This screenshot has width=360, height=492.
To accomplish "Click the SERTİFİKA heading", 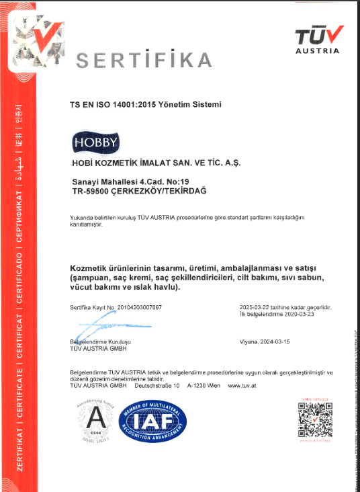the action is (x=143, y=60).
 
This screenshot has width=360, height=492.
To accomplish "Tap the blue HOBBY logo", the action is (x=95, y=142).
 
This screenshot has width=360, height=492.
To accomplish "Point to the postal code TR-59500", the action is (x=93, y=192).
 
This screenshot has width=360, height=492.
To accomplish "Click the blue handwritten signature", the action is (x=99, y=327).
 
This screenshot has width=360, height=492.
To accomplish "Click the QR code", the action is (x=315, y=421).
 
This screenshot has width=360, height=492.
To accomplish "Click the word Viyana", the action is (x=250, y=342).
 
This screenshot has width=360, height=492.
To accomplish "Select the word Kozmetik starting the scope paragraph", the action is (x=91, y=270).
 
